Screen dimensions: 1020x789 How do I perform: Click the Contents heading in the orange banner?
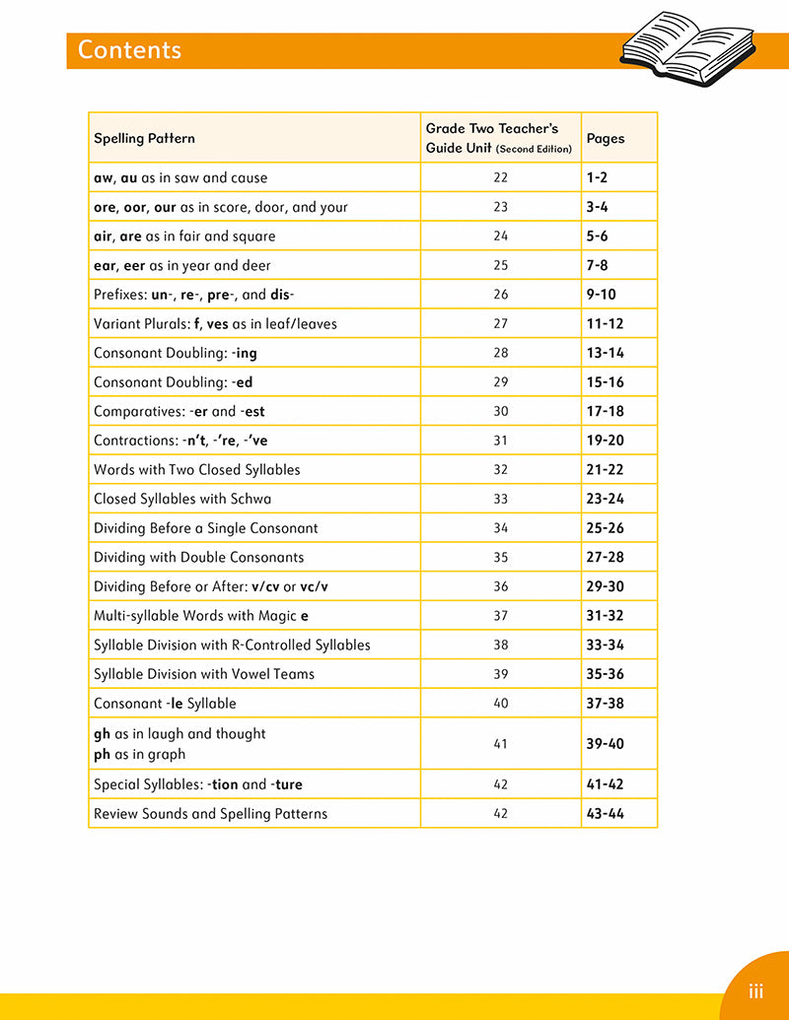(x=129, y=50)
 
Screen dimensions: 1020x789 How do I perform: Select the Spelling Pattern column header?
(x=144, y=139)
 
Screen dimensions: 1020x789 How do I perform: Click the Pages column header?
(x=606, y=139)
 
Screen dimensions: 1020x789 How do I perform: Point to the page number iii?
(x=755, y=991)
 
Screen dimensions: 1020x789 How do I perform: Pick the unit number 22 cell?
(x=500, y=177)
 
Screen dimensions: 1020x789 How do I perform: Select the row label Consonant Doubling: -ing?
(x=176, y=353)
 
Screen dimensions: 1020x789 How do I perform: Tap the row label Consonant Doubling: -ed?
(x=174, y=381)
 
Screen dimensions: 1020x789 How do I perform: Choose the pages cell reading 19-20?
(x=605, y=441)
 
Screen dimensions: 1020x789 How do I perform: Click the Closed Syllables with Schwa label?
(x=182, y=499)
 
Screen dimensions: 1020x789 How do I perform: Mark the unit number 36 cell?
(x=500, y=586)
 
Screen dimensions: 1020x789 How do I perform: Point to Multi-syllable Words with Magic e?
(x=201, y=616)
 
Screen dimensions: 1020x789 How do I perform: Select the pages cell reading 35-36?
(x=605, y=674)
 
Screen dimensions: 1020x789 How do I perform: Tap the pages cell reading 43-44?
(x=605, y=814)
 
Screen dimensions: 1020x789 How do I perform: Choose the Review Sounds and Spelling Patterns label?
(x=210, y=814)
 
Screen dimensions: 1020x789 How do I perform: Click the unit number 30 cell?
(x=500, y=411)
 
